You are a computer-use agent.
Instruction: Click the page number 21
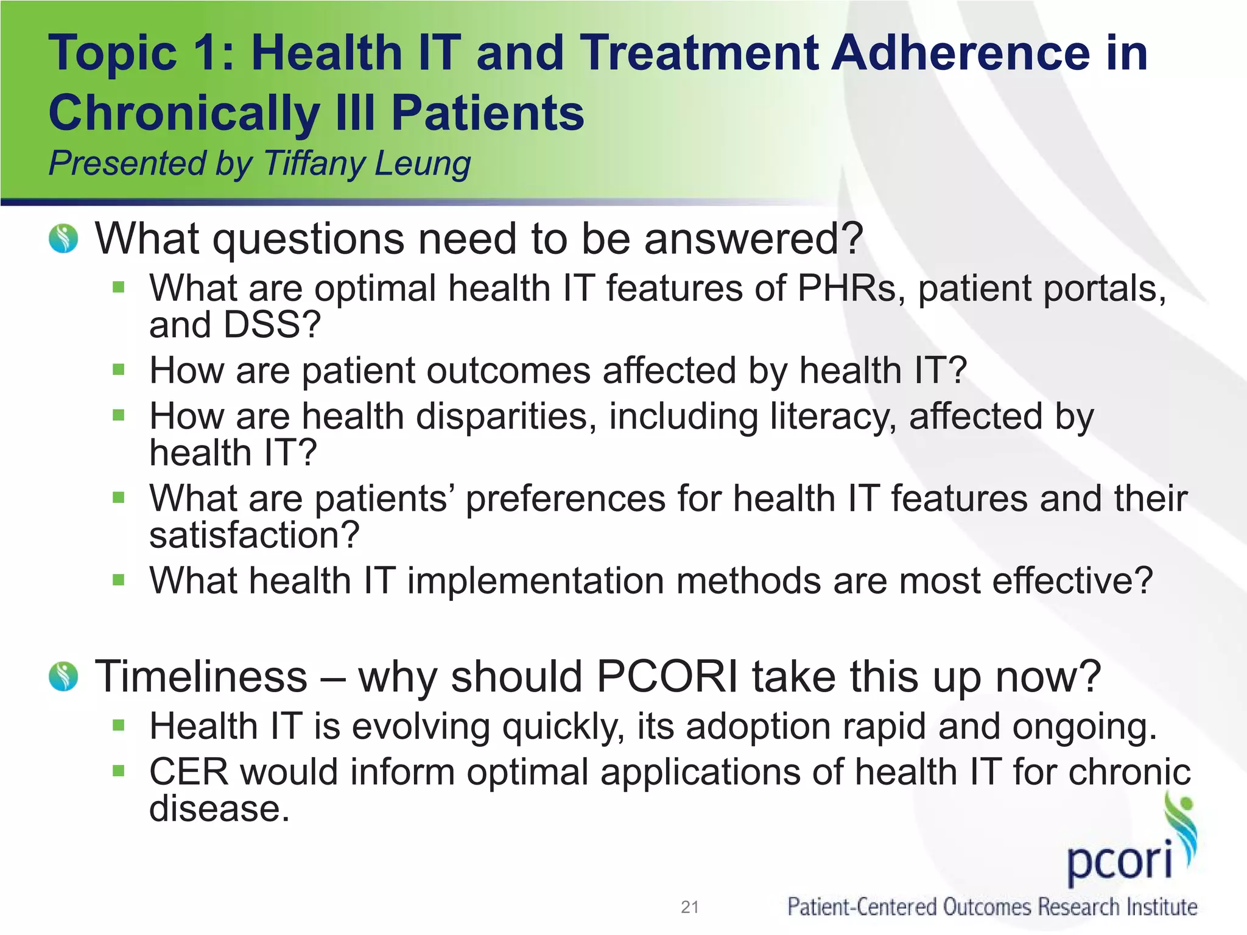click(689, 907)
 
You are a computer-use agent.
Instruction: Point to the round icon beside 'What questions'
click(63, 239)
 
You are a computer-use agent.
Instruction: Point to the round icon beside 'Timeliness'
click(63, 676)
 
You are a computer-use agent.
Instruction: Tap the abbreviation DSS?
click(272, 324)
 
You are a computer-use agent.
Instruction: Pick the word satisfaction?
click(255, 535)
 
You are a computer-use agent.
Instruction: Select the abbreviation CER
click(189, 772)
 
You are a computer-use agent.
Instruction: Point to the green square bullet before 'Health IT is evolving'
click(118, 725)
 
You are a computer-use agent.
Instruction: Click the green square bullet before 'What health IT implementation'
click(118, 580)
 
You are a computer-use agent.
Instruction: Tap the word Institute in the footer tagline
click(1161, 907)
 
